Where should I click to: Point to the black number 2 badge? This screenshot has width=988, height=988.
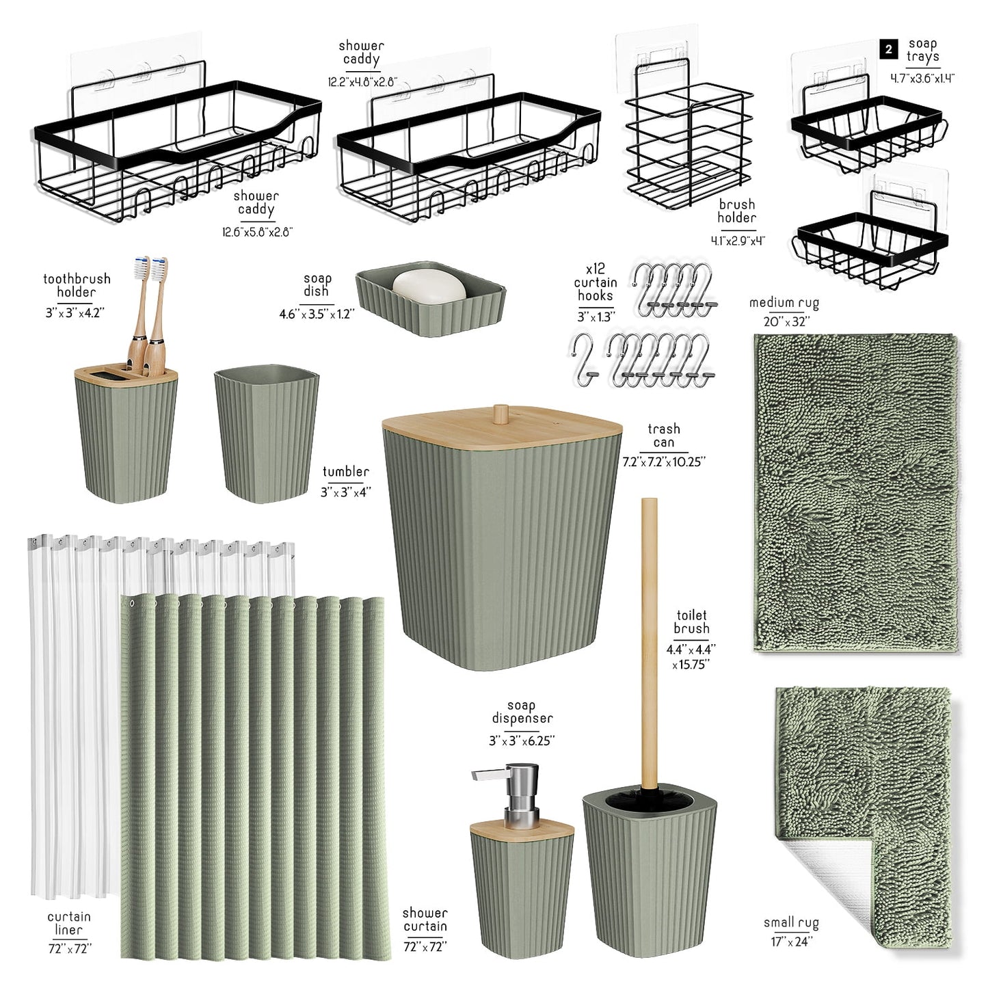(x=889, y=50)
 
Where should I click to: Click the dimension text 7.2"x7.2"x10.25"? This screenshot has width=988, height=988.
(x=663, y=462)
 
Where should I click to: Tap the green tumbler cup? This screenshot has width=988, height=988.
(x=266, y=433)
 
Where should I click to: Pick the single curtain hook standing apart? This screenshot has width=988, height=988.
(x=584, y=359)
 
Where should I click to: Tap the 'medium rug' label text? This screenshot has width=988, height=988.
(x=784, y=304)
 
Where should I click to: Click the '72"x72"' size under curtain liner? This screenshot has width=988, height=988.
(x=69, y=949)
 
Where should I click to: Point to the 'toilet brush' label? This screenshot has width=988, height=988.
(x=691, y=622)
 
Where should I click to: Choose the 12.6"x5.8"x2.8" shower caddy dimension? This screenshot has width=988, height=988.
(x=257, y=232)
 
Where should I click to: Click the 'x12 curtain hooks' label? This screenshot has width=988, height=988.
(x=596, y=282)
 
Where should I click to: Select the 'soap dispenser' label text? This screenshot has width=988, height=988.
(x=522, y=712)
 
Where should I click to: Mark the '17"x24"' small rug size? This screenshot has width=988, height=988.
(x=792, y=956)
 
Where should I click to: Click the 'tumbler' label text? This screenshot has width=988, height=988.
(x=345, y=472)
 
